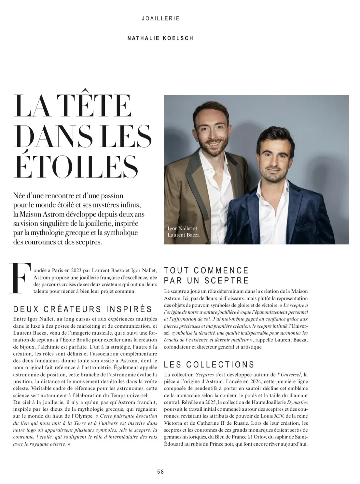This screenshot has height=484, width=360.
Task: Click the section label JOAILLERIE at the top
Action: [x=161, y=19]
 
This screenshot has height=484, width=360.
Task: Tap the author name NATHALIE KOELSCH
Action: [x=160, y=38]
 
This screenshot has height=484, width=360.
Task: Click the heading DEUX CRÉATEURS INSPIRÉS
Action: [x=82, y=309]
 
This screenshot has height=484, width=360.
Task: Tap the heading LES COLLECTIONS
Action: [x=209, y=364]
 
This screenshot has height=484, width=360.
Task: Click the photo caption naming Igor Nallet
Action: [x=182, y=229]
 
